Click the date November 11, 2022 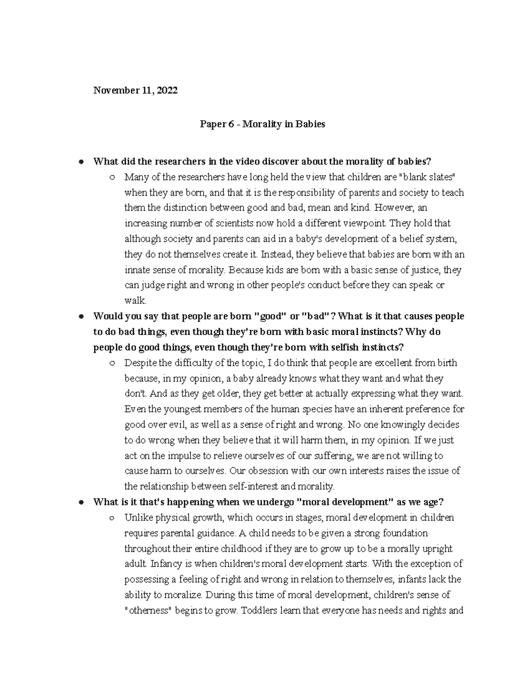tap(135, 91)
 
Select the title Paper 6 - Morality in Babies tap(262, 124)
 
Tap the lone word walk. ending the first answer tap(135, 301)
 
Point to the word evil tap(176, 425)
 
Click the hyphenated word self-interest tap(253, 487)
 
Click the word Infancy tap(165, 564)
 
